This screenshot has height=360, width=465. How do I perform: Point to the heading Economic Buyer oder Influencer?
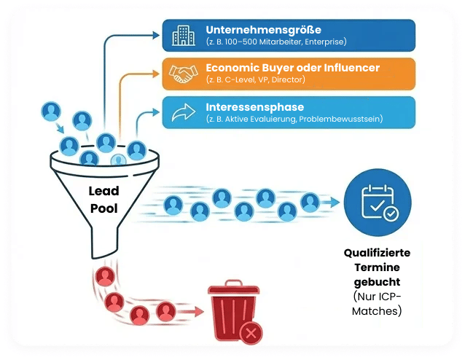point(292,67)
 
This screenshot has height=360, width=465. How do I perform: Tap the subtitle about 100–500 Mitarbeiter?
point(276,42)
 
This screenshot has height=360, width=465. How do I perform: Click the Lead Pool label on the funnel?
point(104,200)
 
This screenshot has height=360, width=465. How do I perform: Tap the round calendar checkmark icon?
point(377,203)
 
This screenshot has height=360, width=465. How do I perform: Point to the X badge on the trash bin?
point(251,333)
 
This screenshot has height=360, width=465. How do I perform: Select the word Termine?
point(377,267)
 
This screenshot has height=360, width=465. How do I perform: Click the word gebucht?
point(377,281)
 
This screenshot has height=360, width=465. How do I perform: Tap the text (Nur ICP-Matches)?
point(377,304)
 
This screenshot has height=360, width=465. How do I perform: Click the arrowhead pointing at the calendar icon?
point(337,203)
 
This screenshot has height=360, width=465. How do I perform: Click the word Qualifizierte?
point(377,253)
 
